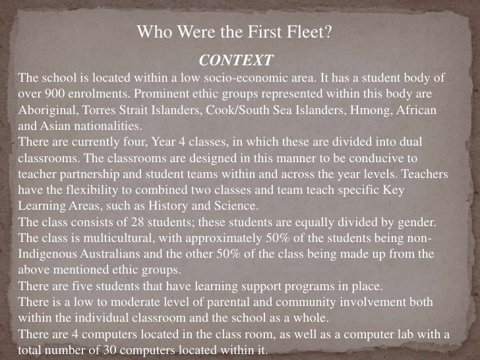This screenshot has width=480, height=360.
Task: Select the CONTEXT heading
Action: [235, 61]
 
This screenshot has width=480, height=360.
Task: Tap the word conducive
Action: [374, 158]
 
